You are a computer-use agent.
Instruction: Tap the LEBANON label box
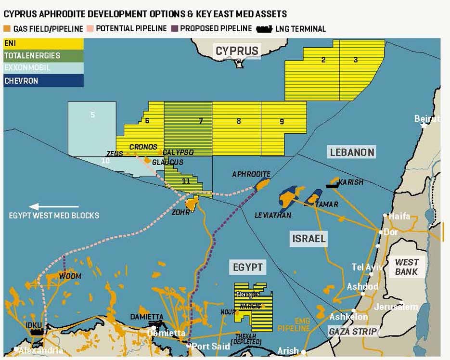352,153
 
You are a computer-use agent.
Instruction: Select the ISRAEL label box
309,238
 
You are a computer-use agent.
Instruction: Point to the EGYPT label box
247,267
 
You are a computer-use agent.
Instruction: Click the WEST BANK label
407,267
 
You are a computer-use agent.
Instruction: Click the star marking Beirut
424,125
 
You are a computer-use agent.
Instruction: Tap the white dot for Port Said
188,346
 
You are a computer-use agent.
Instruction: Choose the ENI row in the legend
43,44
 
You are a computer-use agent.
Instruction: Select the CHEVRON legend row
43,81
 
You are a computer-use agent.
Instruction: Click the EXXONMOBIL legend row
43,68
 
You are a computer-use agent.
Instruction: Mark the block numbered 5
92,115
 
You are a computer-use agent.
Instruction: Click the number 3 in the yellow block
356,60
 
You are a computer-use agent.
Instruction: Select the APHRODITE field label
251,174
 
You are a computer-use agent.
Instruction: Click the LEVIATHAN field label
273,215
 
